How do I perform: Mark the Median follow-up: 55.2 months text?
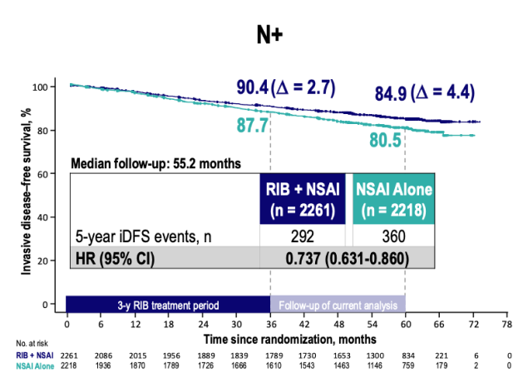coord(156,163)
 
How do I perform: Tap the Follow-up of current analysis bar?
coord(338,304)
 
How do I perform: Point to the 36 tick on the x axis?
coord(270,325)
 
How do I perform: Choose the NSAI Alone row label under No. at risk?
coord(34,365)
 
